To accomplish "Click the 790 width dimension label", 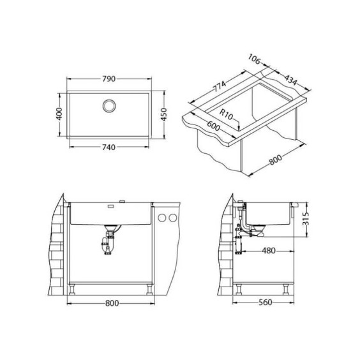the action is (109, 79).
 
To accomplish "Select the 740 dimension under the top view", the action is (109, 147).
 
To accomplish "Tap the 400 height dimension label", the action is (59, 114).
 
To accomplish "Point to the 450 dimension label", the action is (163, 114).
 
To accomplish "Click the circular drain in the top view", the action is (109, 106).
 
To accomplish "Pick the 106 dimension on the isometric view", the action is (254, 59).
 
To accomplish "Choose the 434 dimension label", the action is (291, 80).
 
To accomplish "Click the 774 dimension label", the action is (220, 86).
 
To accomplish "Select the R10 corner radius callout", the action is (226, 114).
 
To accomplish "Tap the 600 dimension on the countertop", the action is (214, 126).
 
